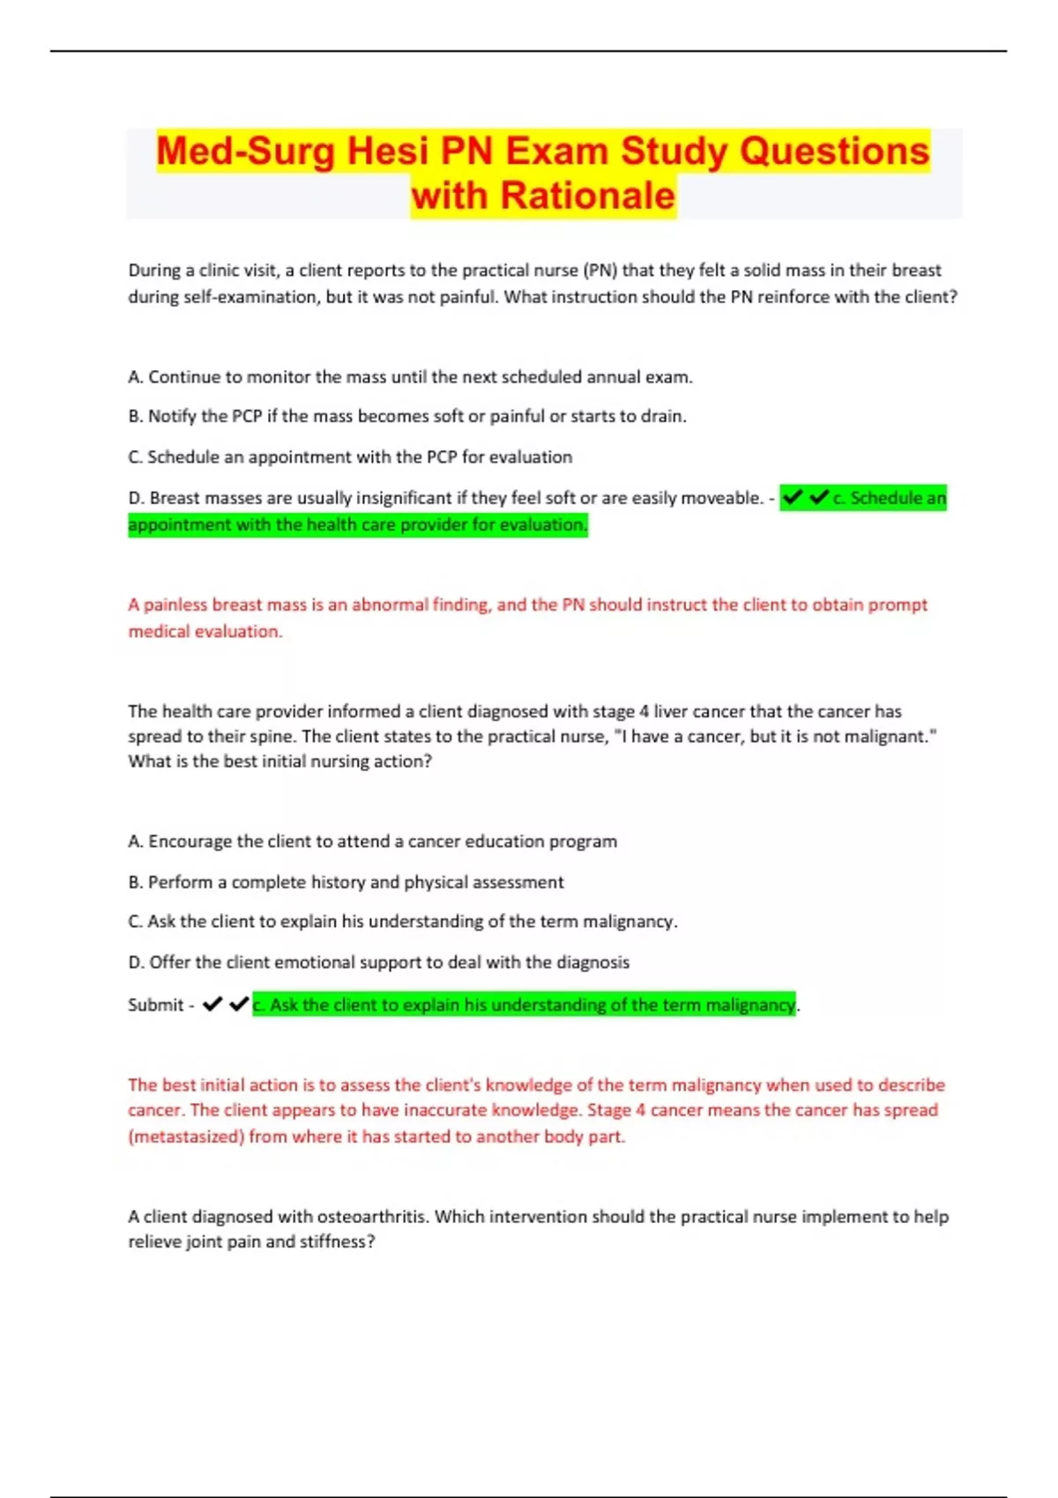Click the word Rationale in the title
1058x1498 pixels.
tap(587, 196)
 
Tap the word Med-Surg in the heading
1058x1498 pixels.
tap(246, 151)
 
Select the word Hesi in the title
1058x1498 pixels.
tap(388, 151)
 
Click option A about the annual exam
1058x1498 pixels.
tap(410, 377)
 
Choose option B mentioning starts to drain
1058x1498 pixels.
tap(406, 416)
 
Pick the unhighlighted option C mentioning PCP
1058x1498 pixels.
tap(350, 457)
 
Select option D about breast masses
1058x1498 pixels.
tap(445, 498)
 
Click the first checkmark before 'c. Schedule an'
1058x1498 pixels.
tap(793, 498)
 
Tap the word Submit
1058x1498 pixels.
tap(155, 1005)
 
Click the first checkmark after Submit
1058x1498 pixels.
tap(212, 1005)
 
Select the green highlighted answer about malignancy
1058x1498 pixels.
tap(524, 1005)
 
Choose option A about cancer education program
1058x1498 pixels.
tap(372, 842)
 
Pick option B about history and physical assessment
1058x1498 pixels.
tap(346, 882)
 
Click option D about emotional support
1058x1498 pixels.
tap(378, 962)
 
